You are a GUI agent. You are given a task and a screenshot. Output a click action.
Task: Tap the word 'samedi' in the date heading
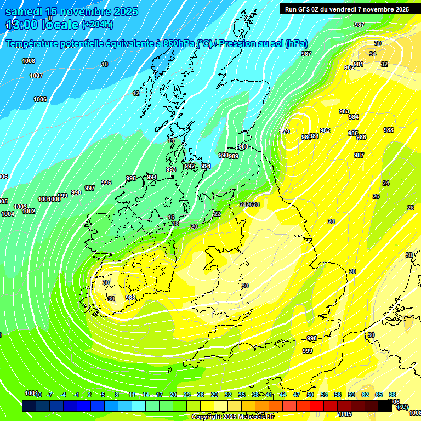25,12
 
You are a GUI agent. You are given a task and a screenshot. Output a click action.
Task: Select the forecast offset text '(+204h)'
97,25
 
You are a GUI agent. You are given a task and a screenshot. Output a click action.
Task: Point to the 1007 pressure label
36,76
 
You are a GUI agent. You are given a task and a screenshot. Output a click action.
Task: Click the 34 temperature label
373,54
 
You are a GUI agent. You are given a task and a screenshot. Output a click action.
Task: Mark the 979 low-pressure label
286,132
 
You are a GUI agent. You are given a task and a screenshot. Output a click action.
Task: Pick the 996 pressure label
106,183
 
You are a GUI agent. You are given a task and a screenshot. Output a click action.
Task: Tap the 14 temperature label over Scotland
171,140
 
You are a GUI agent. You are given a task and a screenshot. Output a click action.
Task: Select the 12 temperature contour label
136,93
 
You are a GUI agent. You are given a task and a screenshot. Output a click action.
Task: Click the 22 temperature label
217,214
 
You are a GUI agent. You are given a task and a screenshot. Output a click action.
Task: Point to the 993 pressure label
171,169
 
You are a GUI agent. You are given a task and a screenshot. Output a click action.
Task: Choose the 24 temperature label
386,183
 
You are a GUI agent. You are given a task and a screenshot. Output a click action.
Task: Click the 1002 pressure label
29,211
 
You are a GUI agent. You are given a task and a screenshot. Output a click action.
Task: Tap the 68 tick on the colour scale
392,395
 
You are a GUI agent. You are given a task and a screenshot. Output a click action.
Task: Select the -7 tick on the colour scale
49,395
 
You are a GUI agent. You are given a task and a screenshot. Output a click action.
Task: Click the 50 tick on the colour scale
310,395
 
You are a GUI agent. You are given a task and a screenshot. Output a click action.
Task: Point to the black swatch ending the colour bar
385,406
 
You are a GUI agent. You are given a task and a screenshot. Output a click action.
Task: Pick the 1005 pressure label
345,414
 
